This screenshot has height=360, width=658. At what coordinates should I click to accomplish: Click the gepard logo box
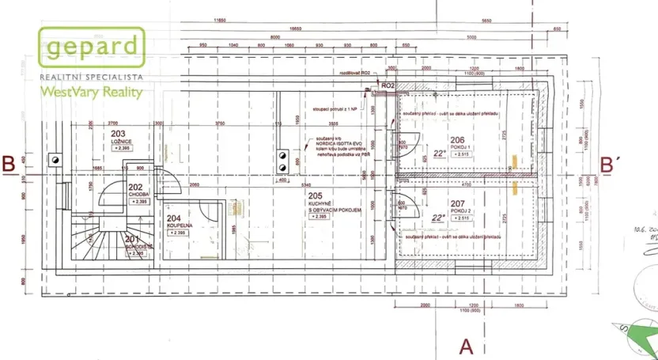[93, 48]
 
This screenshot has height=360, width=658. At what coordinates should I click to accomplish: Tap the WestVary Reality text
[92, 92]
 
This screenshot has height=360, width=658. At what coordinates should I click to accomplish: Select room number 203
[119, 135]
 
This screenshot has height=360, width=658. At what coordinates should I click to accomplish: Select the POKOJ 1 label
[459, 147]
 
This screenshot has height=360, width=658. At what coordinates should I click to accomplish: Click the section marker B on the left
[9, 165]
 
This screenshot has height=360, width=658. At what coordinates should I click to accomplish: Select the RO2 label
[388, 85]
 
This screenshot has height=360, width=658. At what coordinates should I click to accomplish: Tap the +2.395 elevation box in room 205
[319, 216]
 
